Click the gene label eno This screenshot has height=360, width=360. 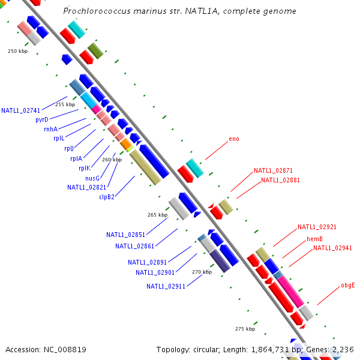click(x=234, y=139)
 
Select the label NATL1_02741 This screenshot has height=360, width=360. click(x=20, y=110)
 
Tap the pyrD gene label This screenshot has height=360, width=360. click(x=42, y=120)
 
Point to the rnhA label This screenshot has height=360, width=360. click(x=50, y=129)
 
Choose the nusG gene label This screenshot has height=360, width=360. click(x=92, y=178)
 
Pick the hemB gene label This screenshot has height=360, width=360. click(x=315, y=239)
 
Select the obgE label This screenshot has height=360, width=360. click(x=348, y=286)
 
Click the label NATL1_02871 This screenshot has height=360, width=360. click(x=273, y=171)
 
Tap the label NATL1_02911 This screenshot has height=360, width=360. click(x=166, y=287)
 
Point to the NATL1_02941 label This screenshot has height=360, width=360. click(x=333, y=248)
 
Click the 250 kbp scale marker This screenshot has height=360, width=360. click(x=18, y=52)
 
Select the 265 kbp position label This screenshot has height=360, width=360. click(x=157, y=215)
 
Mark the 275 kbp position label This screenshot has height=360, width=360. click(x=245, y=329)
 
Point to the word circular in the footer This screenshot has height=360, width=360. click(x=214, y=350)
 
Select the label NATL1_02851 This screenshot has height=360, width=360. click(x=126, y=235)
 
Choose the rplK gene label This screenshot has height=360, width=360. click(x=85, y=169)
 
